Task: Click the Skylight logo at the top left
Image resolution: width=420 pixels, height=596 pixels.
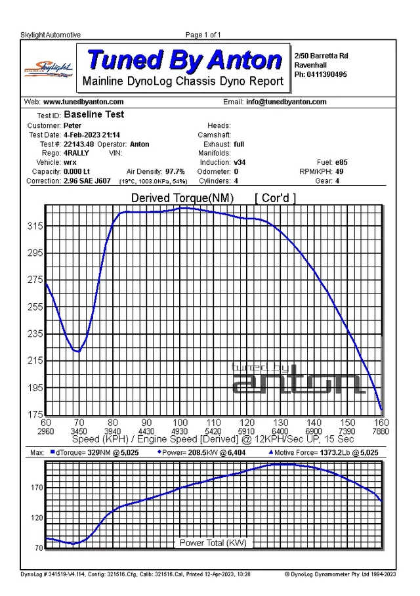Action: pos(49,69)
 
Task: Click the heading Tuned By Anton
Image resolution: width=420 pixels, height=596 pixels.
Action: pos(184,60)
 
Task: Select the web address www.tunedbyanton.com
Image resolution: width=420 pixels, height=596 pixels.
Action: pos(83,102)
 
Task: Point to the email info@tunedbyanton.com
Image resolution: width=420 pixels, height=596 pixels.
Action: pos(286,102)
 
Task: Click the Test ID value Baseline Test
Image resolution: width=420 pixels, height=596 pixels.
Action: pos(94,114)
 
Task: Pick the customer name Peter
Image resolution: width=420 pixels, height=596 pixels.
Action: pos(72,125)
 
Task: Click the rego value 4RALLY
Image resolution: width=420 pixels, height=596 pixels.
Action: pos(76,153)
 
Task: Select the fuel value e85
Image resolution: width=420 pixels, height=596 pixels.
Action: pos(341,162)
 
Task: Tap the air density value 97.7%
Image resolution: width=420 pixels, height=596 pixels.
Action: pos(175,171)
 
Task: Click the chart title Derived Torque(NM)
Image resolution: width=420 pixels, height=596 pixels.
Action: pos(182,198)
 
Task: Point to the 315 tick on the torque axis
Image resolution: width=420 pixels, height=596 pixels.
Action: pos(35,226)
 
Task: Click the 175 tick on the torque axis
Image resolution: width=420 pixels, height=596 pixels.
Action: pos(35,414)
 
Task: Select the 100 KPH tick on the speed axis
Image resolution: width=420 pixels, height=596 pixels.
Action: pos(180,423)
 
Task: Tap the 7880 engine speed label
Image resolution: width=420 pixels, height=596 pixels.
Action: pos(381,431)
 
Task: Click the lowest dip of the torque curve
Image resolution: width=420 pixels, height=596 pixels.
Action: pos(78,351)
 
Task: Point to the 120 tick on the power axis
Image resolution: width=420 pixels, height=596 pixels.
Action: pos(37,518)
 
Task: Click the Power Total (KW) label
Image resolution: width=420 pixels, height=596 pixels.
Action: pos(213,543)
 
